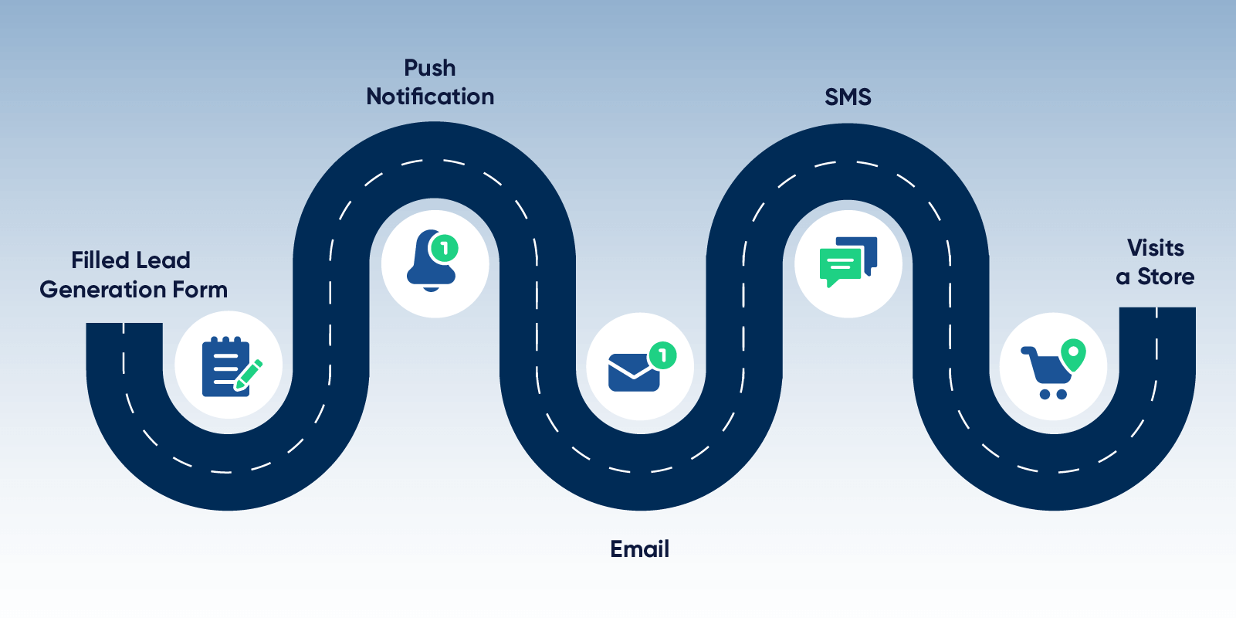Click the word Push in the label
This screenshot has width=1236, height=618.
pyautogui.click(x=430, y=69)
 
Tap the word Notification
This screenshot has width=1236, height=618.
pyautogui.click(x=430, y=97)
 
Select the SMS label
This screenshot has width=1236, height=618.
pyautogui.click(x=848, y=97)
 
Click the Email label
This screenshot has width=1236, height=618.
pyautogui.click(x=639, y=549)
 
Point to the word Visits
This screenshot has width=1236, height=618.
pyautogui.click(x=1155, y=248)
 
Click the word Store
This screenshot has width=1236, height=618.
pyautogui.click(x=1166, y=277)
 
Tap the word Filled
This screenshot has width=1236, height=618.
pyautogui.click(x=99, y=260)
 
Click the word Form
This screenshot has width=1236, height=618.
pyautogui.click(x=200, y=290)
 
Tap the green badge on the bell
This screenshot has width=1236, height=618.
pyautogui.click(x=444, y=248)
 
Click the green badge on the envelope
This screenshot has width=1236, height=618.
pyautogui.click(x=662, y=355)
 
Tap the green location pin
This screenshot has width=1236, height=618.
pyautogui.click(x=1073, y=354)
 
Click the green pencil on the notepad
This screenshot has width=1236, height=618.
pyautogui.click(x=248, y=375)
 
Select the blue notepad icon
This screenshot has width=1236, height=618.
pyautogui.click(x=222, y=368)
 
